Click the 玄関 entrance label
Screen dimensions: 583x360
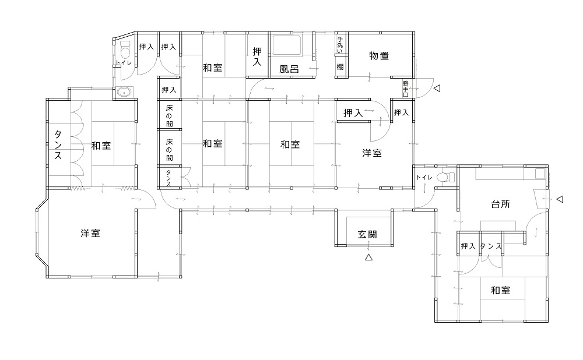pyautogui.click(x=367, y=234)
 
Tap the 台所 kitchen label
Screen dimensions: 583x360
pyautogui.click(x=500, y=203)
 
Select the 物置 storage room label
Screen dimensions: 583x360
pyautogui.click(x=379, y=56)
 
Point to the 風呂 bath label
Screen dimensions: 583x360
pyautogui.click(x=289, y=69)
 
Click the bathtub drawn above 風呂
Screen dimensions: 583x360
pyautogui.click(x=286, y=45)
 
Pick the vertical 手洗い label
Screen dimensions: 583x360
pyautogui.click(x=340, y=45)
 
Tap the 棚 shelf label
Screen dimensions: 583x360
pyautogui.click(x=340, y=67)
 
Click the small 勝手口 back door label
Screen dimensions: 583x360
pyautogui.click(x=405, y=89)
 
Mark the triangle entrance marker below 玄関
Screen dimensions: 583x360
pyautogui.click(x=368, y=257)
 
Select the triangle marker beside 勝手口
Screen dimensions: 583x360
pyautogui.click(x=437, y=89)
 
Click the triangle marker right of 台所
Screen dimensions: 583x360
pyautogui.click(x=560, y=199)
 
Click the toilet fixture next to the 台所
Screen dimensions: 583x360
pyautogui.click(x=445, y=177)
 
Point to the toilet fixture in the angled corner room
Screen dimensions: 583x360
pyautogui.click(x=125, y=50)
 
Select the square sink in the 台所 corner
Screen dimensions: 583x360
pyautogui.click(x=539, y=174)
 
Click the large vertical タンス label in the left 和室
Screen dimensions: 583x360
pyautogui.click(x=58, y=145)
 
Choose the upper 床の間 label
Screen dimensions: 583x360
pyautogui.click(x=169, y=116)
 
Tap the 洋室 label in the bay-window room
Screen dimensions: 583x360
pyautogui.click(x=90, y=234)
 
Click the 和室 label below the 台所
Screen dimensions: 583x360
pyautogui.click(x=500, y=290)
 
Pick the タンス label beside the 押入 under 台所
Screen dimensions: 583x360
pyautogui.click(x=491, y=246)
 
